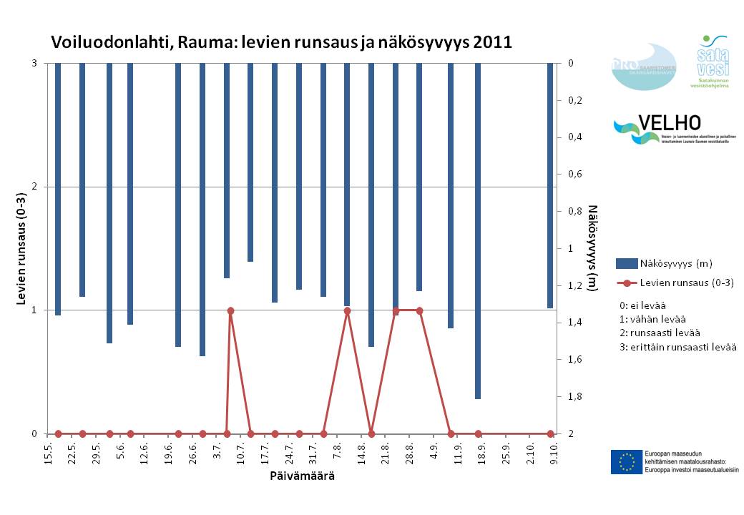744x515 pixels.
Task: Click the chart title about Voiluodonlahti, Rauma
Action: click(x=281, y=41)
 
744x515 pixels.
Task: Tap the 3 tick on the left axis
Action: click(x=34, y=64)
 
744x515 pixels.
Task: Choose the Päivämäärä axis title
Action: click(x=302, y=476)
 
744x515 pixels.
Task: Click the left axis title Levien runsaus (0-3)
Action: click(x=22, y=249)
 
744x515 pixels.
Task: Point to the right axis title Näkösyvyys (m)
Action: click(x=592, y=248)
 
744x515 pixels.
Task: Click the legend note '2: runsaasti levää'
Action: click(x=660, y=333)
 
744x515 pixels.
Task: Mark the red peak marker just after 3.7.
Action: click(x=230, y=310)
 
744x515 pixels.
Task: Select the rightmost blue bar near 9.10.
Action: click(x=550, y=186)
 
